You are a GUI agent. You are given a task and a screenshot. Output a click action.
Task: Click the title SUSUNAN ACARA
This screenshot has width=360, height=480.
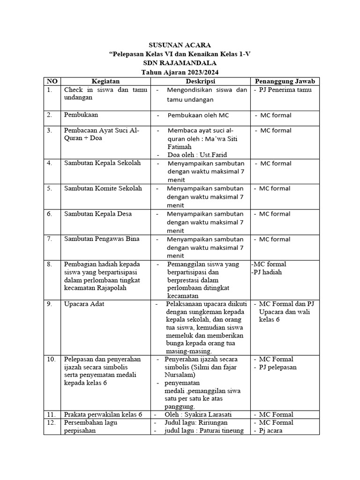180,45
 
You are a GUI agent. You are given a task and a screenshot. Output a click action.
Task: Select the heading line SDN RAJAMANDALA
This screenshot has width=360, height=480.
180,63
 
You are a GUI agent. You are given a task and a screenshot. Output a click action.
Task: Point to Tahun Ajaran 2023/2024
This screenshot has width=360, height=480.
180,72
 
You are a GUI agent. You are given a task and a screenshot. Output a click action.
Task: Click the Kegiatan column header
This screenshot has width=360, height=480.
105,82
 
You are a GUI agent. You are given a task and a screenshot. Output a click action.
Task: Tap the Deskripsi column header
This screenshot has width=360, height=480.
199,82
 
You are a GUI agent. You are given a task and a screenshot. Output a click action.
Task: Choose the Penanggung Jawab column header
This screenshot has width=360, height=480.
284,82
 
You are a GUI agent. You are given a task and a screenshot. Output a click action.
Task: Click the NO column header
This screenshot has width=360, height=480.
52,82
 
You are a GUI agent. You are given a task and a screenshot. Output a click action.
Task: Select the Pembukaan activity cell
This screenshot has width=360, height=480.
81,114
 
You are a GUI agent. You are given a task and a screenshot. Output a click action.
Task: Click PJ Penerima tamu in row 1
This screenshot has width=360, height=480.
285,90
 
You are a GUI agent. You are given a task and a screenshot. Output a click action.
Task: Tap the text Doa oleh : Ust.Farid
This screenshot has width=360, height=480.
192,154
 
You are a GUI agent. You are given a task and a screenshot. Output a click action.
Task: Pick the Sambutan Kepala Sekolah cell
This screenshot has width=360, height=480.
102,163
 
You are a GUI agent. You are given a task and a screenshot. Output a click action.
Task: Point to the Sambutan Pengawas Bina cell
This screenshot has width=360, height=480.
102,239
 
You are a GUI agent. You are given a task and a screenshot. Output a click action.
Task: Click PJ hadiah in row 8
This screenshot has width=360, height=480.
268,272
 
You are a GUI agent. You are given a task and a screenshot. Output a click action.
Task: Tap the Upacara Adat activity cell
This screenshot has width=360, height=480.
84,304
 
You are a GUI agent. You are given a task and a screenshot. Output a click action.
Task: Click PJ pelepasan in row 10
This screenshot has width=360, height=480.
277,367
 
